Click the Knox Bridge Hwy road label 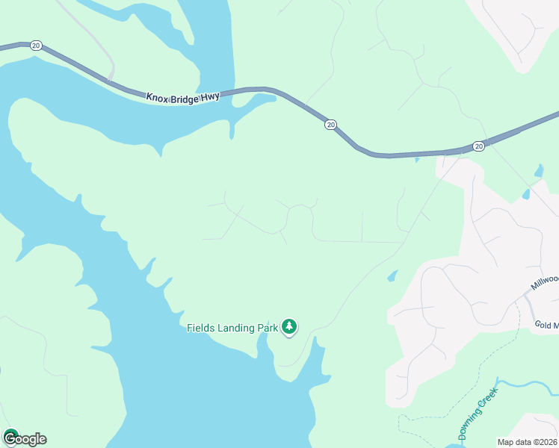(183, 98)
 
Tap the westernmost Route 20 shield (36, 46)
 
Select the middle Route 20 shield (330, 124)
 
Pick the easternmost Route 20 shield (478, 146)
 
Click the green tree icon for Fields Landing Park (289, 326)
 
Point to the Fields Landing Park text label (232, 327)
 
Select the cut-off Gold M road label (546, 325)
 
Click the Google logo (25, 438)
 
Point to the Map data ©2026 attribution (528, 442)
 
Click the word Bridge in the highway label (185, 98)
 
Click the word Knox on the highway (158, 97)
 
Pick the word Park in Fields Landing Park (268, 327)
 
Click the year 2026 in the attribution (547, 442)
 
